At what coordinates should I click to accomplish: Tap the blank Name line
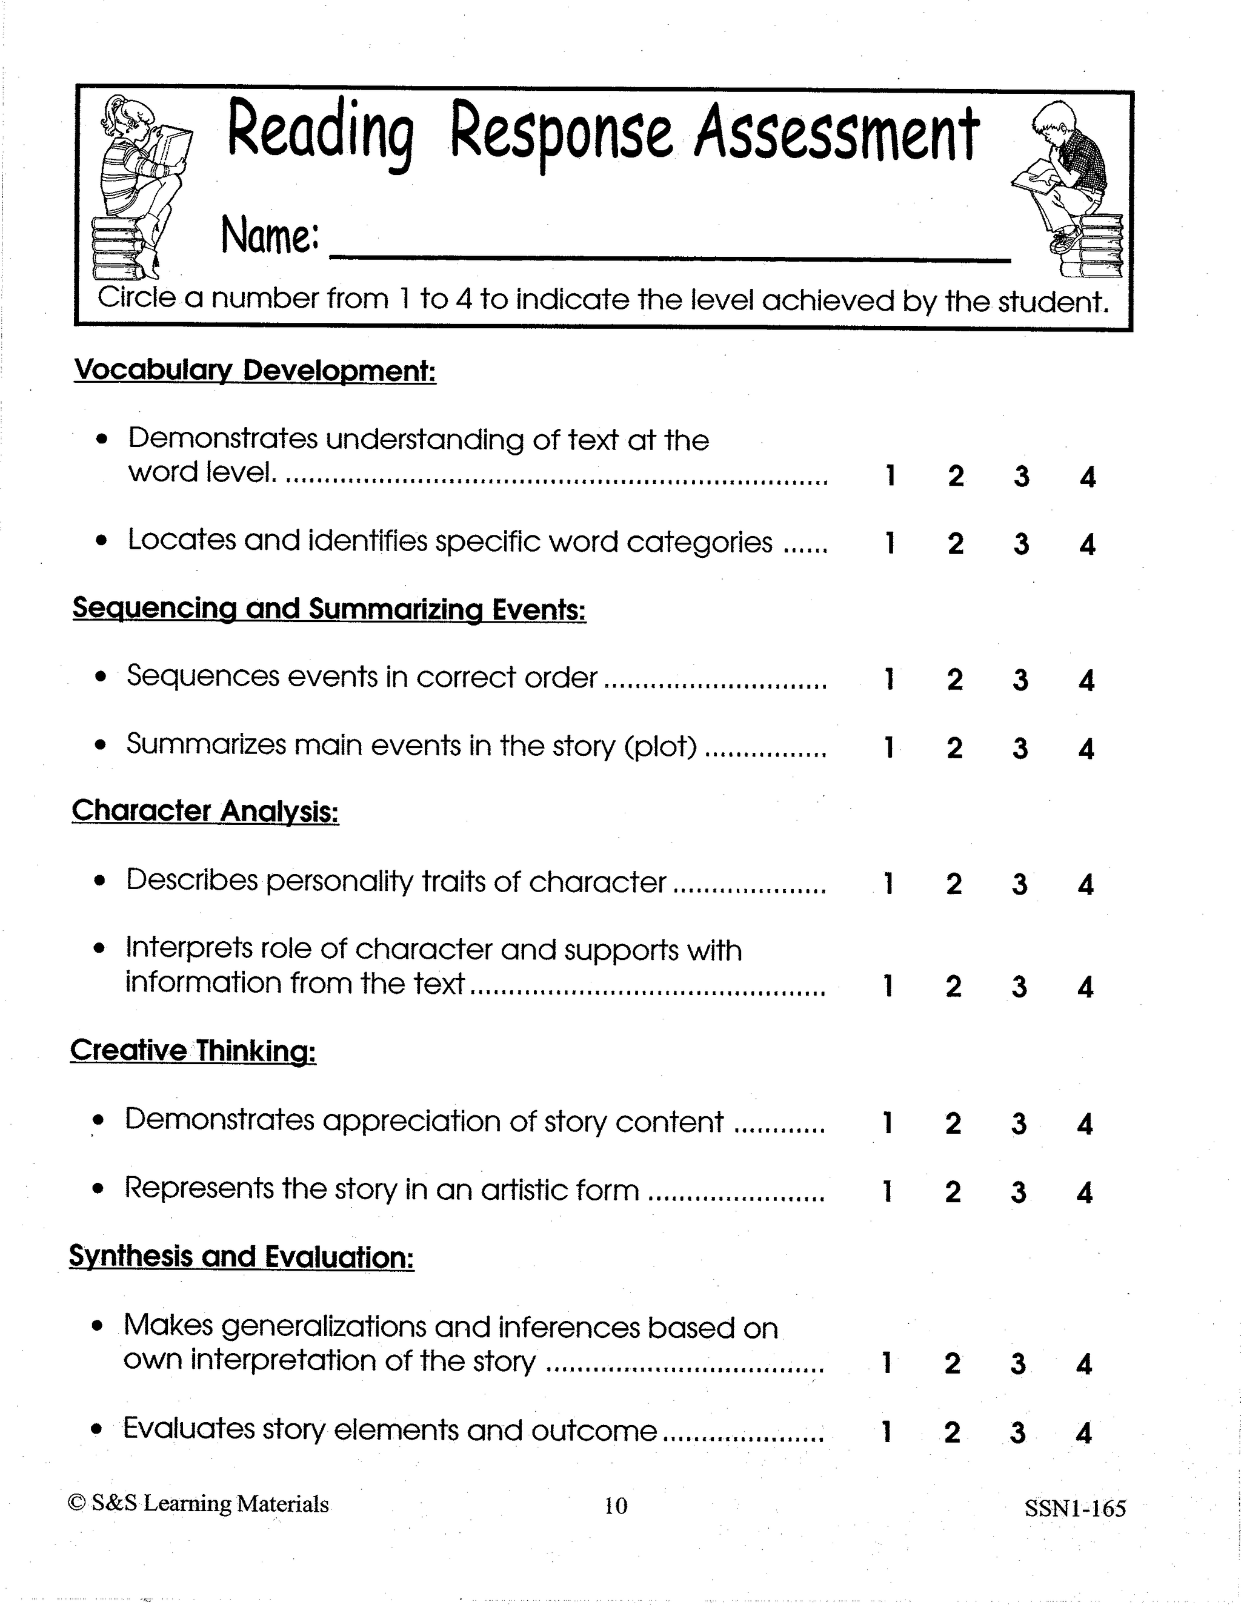tap(669, 246)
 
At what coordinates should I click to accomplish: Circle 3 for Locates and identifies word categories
tap(1021, 544)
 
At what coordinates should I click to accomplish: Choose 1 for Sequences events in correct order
tap(889, 680)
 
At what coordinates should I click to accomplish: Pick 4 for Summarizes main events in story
tap(1086, 749)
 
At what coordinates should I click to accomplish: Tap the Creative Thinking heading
tap(193, 1051)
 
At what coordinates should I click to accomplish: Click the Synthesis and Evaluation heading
tap(242, 1257)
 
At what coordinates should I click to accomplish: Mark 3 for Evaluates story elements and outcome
tap(1017, 1432)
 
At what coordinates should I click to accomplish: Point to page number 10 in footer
tap(616, 1506)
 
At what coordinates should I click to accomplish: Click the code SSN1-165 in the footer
tap(1075, 1509)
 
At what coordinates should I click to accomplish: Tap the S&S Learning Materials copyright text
tap(199, 1504)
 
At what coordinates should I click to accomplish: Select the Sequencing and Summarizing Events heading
tap(330, 609)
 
